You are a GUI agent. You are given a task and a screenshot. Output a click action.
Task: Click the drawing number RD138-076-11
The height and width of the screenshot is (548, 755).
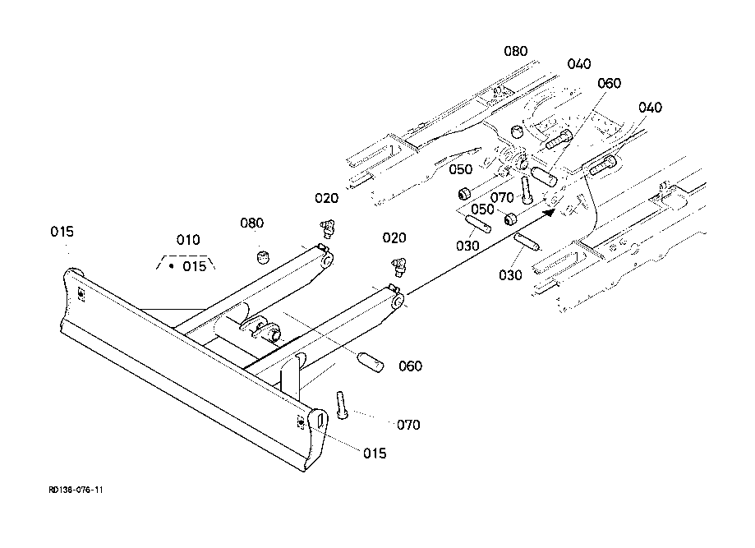(x=76, y=490)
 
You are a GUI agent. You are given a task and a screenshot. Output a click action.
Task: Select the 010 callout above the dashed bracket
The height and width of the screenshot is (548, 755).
(x=188, y=240)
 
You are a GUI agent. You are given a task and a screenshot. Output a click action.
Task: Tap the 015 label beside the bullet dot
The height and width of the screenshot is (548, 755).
(x=194, y=266)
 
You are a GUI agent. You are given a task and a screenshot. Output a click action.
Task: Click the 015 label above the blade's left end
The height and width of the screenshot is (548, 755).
(x=62, y=232)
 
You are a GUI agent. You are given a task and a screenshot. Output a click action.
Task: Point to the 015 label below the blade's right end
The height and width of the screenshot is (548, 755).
(x=375, y=454)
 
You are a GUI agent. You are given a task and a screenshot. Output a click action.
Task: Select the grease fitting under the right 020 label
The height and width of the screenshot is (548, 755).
(x=398, y=267)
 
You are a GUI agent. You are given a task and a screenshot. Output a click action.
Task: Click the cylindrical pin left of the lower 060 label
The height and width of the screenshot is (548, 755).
(x=371, y=361)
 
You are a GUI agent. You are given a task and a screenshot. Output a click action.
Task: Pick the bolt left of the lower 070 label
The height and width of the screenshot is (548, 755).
(x=342, y=405)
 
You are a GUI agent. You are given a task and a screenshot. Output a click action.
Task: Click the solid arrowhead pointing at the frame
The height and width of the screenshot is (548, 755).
(x=549, y=211)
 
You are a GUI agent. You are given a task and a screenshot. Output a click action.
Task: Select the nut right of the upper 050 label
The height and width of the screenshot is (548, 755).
(x=464, y=194)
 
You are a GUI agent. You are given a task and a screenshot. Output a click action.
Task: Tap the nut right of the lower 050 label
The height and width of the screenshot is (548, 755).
(x=511, y=219)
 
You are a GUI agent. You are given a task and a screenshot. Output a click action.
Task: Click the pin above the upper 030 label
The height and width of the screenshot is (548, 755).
(x=477, y=224)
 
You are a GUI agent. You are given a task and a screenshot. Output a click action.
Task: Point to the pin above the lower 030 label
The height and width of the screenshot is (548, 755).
(x=527, y=242)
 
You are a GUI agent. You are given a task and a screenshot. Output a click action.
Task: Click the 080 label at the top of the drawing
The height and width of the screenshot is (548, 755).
(x=516, y=51)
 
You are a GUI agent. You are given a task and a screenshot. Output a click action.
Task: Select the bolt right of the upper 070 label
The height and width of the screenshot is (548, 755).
(x=526, y=190)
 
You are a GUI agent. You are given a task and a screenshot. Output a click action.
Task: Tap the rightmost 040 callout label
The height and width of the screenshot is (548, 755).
(x=650, y=107)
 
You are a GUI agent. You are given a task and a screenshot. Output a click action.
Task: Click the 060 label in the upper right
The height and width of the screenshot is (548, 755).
(x=609, y=83)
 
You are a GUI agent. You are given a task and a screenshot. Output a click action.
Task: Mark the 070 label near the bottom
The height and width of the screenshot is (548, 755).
(x=408, y=425)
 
